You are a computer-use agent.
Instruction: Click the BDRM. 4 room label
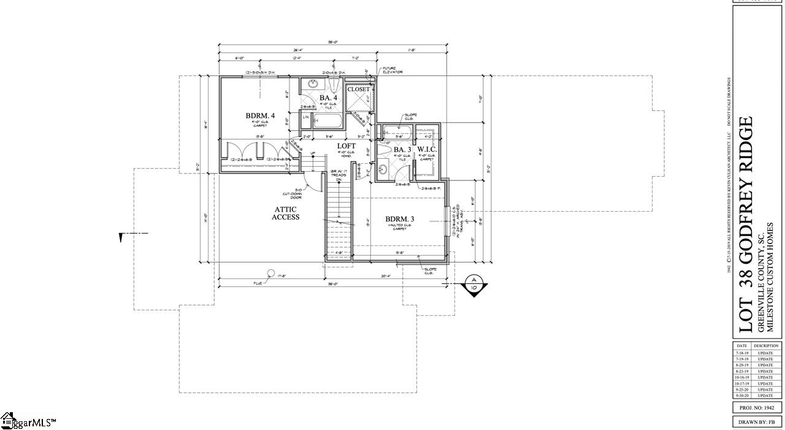pos(260,115)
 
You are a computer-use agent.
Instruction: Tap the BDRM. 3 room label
pos(399,219)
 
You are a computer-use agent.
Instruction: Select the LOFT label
pos(347,146)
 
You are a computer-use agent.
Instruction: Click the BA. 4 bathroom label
pos(327,98)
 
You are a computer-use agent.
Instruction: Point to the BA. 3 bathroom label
pos(402,150)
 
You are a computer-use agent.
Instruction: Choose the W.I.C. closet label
pos(427,150)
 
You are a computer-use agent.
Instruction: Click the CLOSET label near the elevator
pos(359,90)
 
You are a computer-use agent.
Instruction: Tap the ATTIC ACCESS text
pos(286,213)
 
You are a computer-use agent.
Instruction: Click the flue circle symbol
pos(270,273)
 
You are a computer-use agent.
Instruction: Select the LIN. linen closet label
pos(305,117)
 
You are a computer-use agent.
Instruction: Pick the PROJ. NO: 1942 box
pos(757,407)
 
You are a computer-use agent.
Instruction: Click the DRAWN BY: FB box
pos(757,422)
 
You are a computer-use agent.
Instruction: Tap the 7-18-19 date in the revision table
pos(741,353)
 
